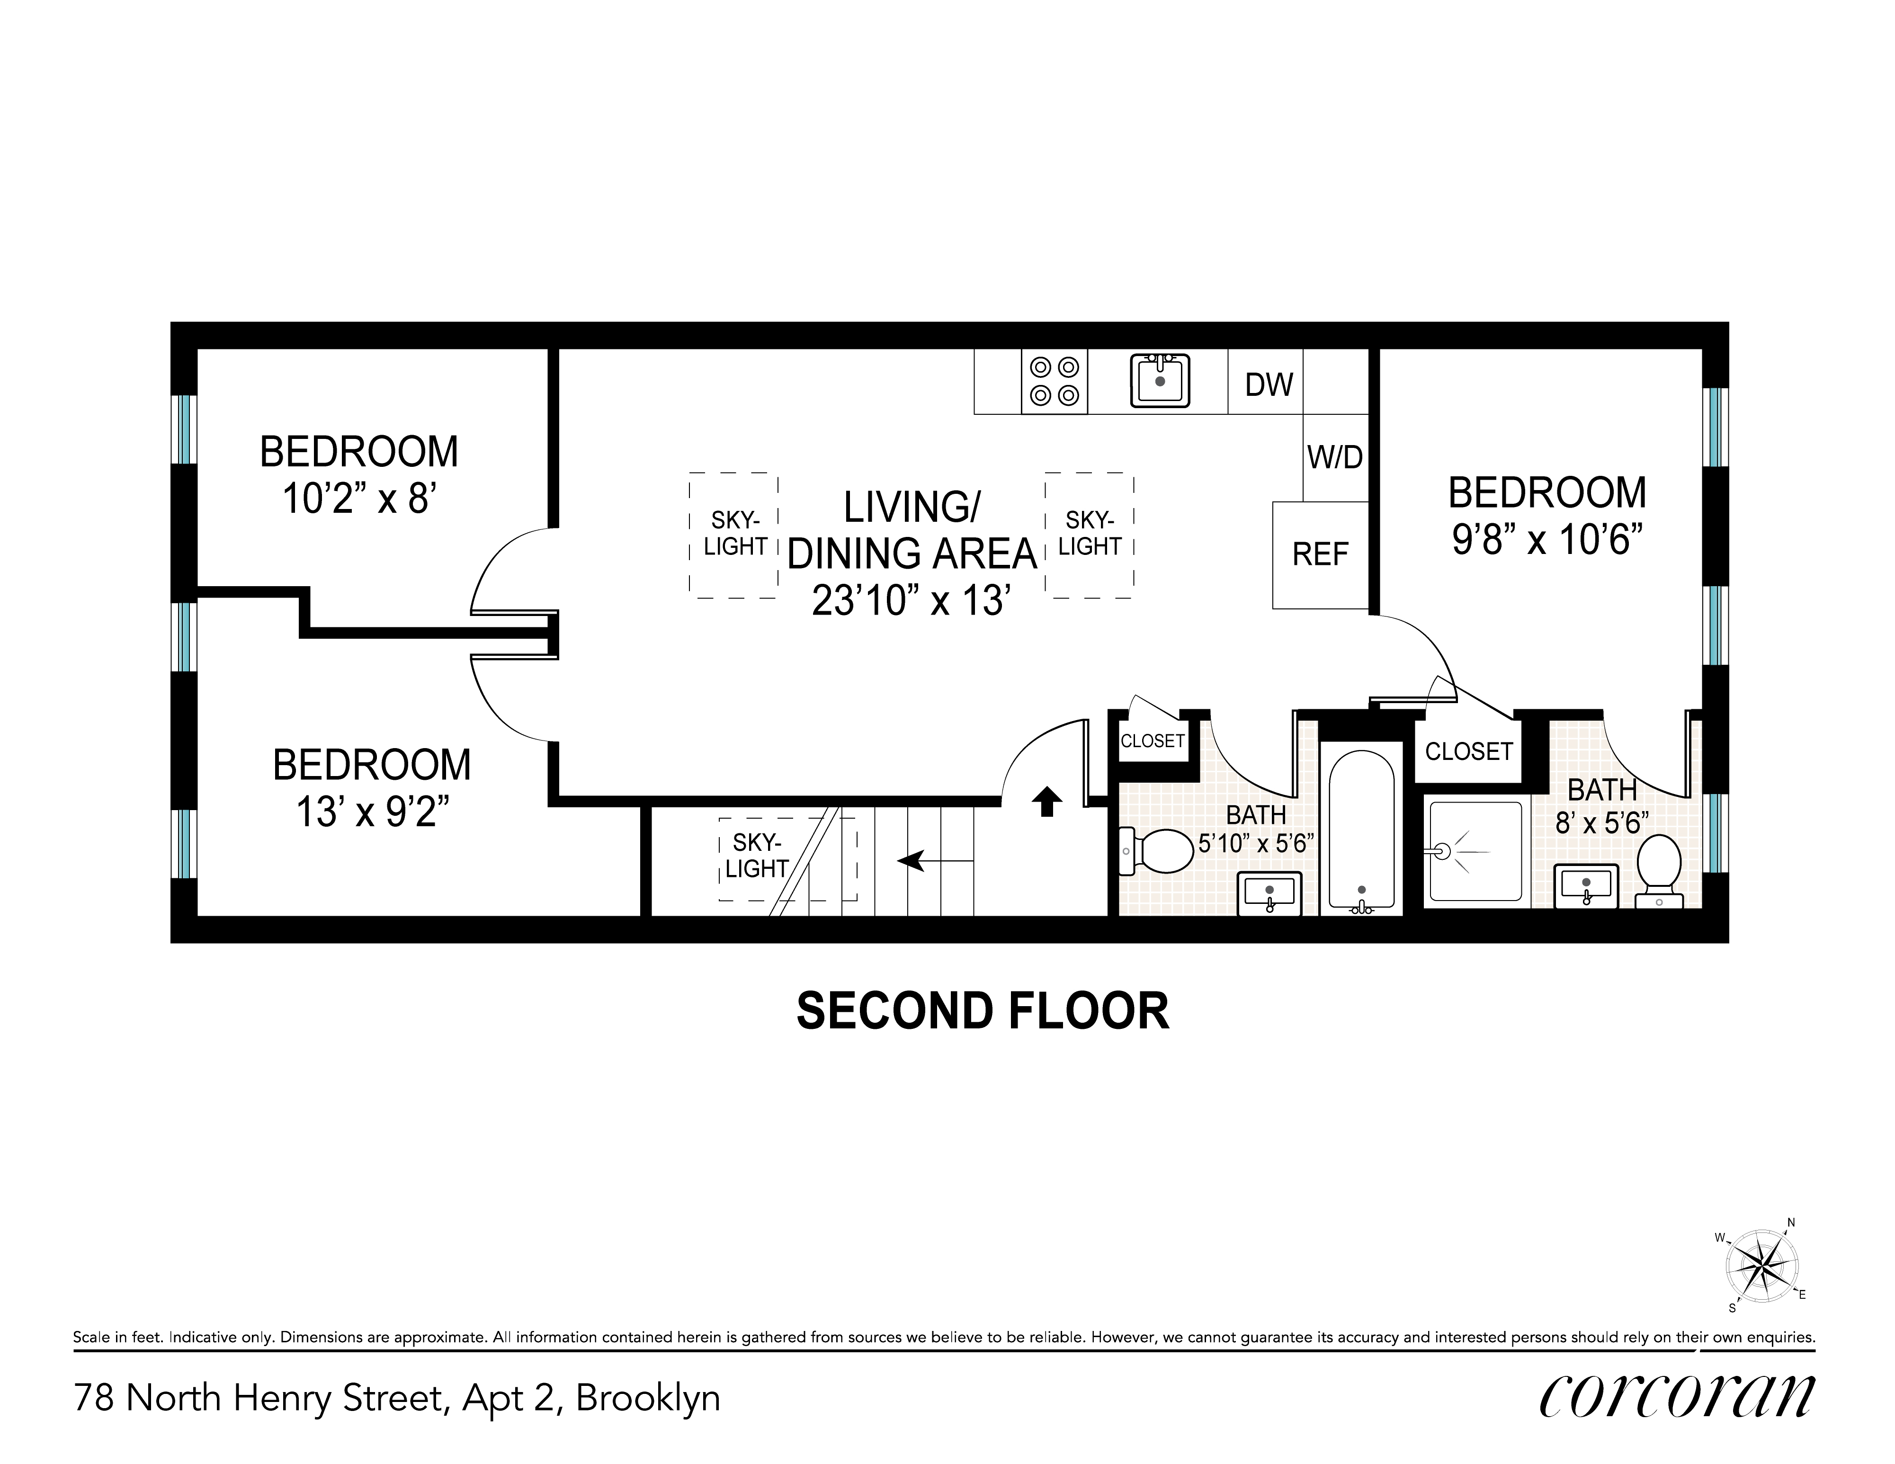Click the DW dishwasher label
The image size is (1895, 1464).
point(1269,384)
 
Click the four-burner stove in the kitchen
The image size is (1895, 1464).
point(1054,382)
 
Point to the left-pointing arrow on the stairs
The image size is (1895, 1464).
point(935,861)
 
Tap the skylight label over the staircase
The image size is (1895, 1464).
point(757,856)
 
